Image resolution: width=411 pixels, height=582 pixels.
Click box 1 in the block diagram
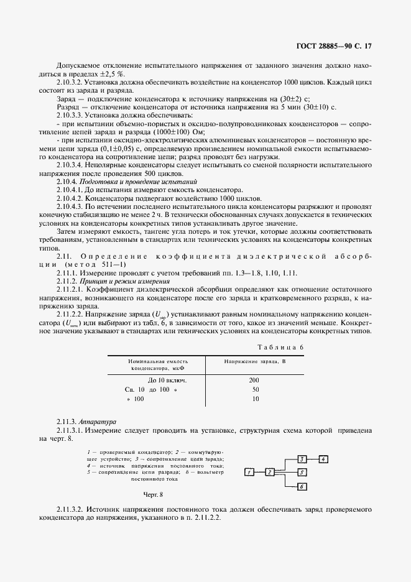pos(248,472)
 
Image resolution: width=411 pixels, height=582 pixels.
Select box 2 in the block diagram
pos(270,472)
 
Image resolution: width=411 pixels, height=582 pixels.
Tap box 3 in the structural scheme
pos(301,460)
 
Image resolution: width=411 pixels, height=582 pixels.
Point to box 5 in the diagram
pos(301,472)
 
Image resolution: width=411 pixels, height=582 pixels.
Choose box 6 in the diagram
pos(301,487)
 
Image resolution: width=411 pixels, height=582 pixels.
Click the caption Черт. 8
pos(153,494)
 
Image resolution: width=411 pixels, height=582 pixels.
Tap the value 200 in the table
pos(254,379)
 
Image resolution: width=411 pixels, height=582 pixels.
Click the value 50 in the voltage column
pos(255,389)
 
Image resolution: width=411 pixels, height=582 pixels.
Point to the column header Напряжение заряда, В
pos(254,361)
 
